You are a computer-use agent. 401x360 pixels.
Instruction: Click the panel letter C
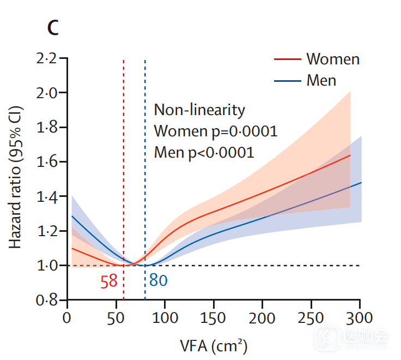point(52,28)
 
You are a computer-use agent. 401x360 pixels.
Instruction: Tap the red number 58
point(109,281)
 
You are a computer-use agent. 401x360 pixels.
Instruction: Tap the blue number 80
point(159,281)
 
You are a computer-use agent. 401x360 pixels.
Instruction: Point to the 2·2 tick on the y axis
point(46,58)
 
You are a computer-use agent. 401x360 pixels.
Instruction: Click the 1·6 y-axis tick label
point(46,162)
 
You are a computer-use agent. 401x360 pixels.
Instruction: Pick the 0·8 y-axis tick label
point(46,300)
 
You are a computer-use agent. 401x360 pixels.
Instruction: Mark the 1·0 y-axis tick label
point(46,266)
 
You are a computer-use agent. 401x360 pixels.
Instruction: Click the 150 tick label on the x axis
point(214,317)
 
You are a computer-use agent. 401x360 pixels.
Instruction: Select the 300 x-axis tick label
point(361,317)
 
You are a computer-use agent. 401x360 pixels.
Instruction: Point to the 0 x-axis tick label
point(67,317)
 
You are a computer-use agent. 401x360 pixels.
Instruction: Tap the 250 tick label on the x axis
point(312,317)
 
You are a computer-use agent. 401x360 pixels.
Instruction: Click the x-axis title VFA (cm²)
point(214,345)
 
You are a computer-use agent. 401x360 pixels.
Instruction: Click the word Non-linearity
point(199,110)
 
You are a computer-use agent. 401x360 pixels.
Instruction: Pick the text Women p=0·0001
point(216,131)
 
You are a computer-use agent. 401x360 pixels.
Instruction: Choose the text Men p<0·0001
point(204,152)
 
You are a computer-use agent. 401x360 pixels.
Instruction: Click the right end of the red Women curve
point(350,155)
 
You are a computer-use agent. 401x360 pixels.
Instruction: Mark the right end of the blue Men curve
point(362,183)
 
